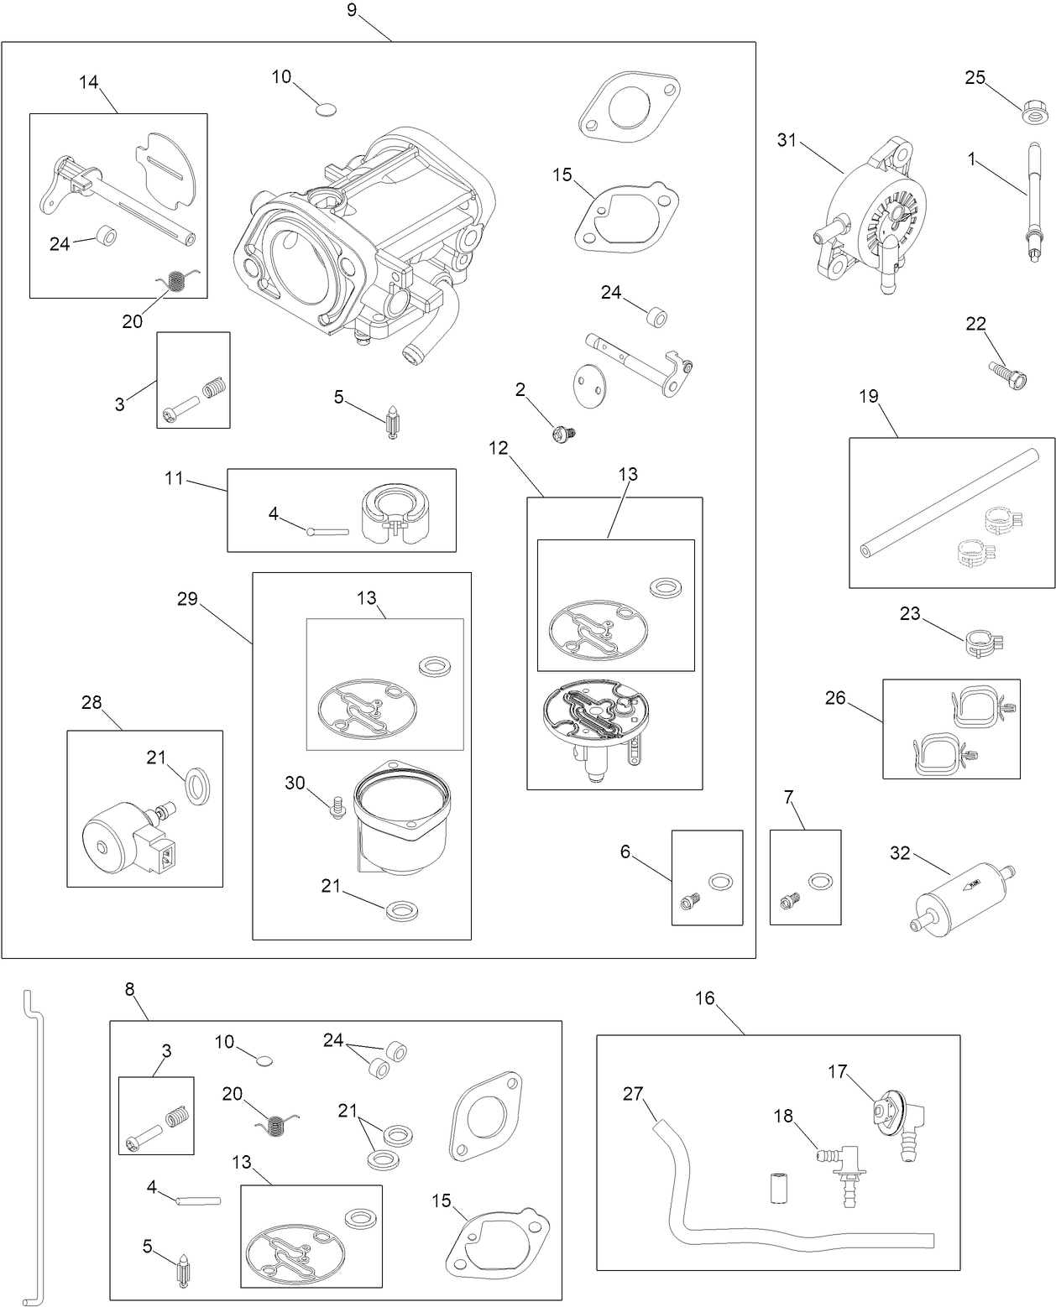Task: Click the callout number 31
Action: coord(786,141)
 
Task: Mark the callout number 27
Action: coord(633,1093)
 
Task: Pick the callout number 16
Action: coord(704,997)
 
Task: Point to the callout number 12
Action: coord(499,448)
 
